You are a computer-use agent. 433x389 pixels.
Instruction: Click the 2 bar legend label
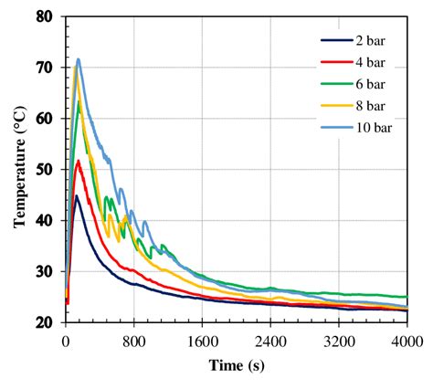click(x=372, y=40)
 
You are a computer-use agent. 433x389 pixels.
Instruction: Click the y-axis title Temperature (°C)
click(x=18, y=170)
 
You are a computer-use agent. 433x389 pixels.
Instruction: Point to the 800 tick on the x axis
click(x=134, y=341)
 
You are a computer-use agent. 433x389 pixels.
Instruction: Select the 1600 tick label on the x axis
click(x=202, y=341)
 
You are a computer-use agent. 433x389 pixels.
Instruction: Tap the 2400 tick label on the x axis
click(x=270, y=341)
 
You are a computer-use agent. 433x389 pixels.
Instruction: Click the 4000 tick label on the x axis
click(x=406, y=341)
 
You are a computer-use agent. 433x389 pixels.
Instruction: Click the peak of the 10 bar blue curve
click(x=79, y=59)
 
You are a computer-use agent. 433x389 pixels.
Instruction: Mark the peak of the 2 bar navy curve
click(x=77, y=195)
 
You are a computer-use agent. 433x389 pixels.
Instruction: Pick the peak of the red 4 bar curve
click(x=79, y=161)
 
